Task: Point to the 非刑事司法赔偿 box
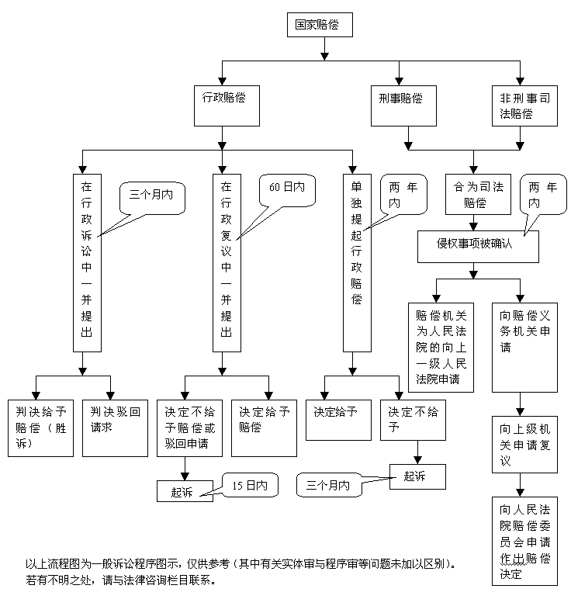click(524, 106)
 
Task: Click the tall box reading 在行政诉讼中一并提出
click(86, 261)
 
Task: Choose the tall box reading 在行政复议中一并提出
click(226, 261)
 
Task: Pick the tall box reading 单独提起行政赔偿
click(356, 261)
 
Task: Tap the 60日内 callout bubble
click(287, 190)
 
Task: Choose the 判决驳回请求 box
click(115, 428)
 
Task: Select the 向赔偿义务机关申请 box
click(525, 347)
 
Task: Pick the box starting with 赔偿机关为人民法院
click(440, 347)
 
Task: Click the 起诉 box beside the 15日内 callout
click(185, 490)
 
